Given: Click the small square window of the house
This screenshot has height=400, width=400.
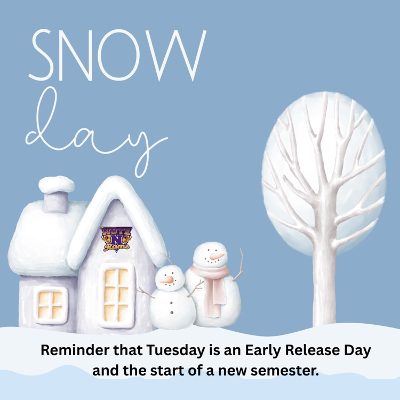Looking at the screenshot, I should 50,304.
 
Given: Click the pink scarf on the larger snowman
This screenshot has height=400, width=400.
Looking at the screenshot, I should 211,283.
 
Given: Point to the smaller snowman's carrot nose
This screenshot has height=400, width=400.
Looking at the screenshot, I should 167,279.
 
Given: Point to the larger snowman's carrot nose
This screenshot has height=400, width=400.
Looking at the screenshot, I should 215,257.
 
